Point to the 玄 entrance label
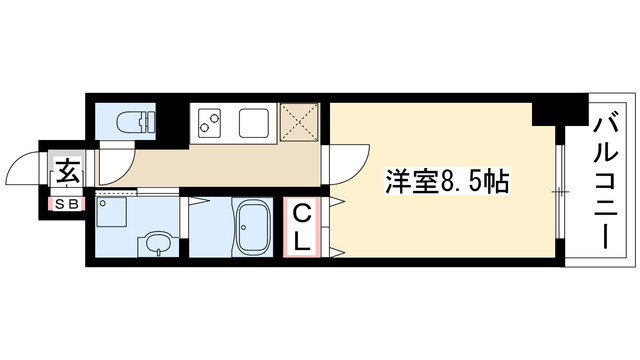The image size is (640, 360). coord(68,170)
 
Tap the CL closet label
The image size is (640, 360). coord(302,226)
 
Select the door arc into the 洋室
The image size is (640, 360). coord(345,160)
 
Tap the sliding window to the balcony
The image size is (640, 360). coord(561,190)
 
